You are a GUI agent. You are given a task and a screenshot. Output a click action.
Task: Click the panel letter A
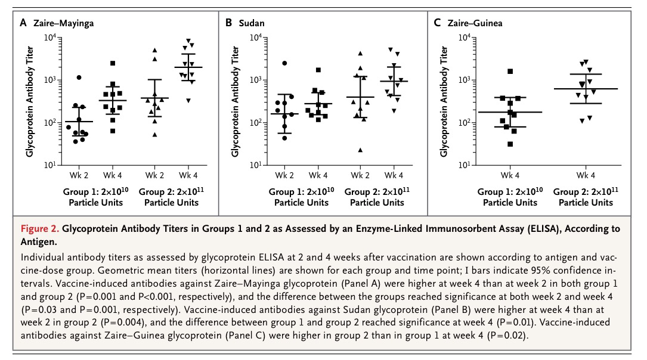tap(23, 23)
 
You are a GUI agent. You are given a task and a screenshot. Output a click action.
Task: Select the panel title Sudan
tap(252, 23)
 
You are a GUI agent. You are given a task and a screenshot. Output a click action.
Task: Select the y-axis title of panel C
tap(444, 101)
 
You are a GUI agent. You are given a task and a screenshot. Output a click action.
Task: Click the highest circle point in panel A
tap(79, 77)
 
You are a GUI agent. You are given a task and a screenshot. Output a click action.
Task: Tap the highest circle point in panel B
tap(284, 63)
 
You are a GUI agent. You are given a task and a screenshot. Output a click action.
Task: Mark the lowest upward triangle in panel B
tap(360, 150)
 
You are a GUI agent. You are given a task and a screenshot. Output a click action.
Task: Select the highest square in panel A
tap(113, 63)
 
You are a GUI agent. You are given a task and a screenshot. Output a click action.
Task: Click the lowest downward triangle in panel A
tap(188, 100)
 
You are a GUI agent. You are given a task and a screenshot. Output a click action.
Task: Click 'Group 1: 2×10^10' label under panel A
tap(93, 192)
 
